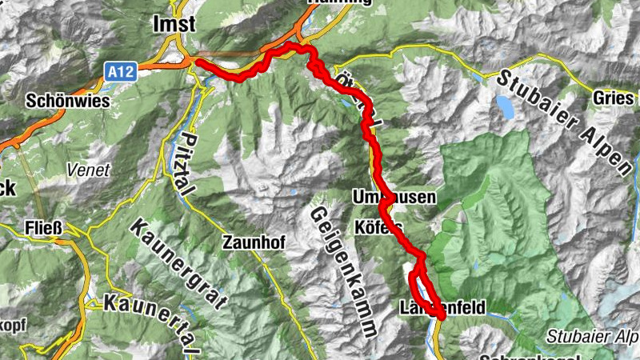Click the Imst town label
tap(174, 25)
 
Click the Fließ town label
tap(41, 225)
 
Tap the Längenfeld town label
tap(441, 306)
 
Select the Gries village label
tap(613, 96)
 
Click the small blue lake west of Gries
tap(505, 106)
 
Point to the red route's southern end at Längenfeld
tap(442, 317)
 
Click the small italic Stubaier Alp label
tap(594, 334)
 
